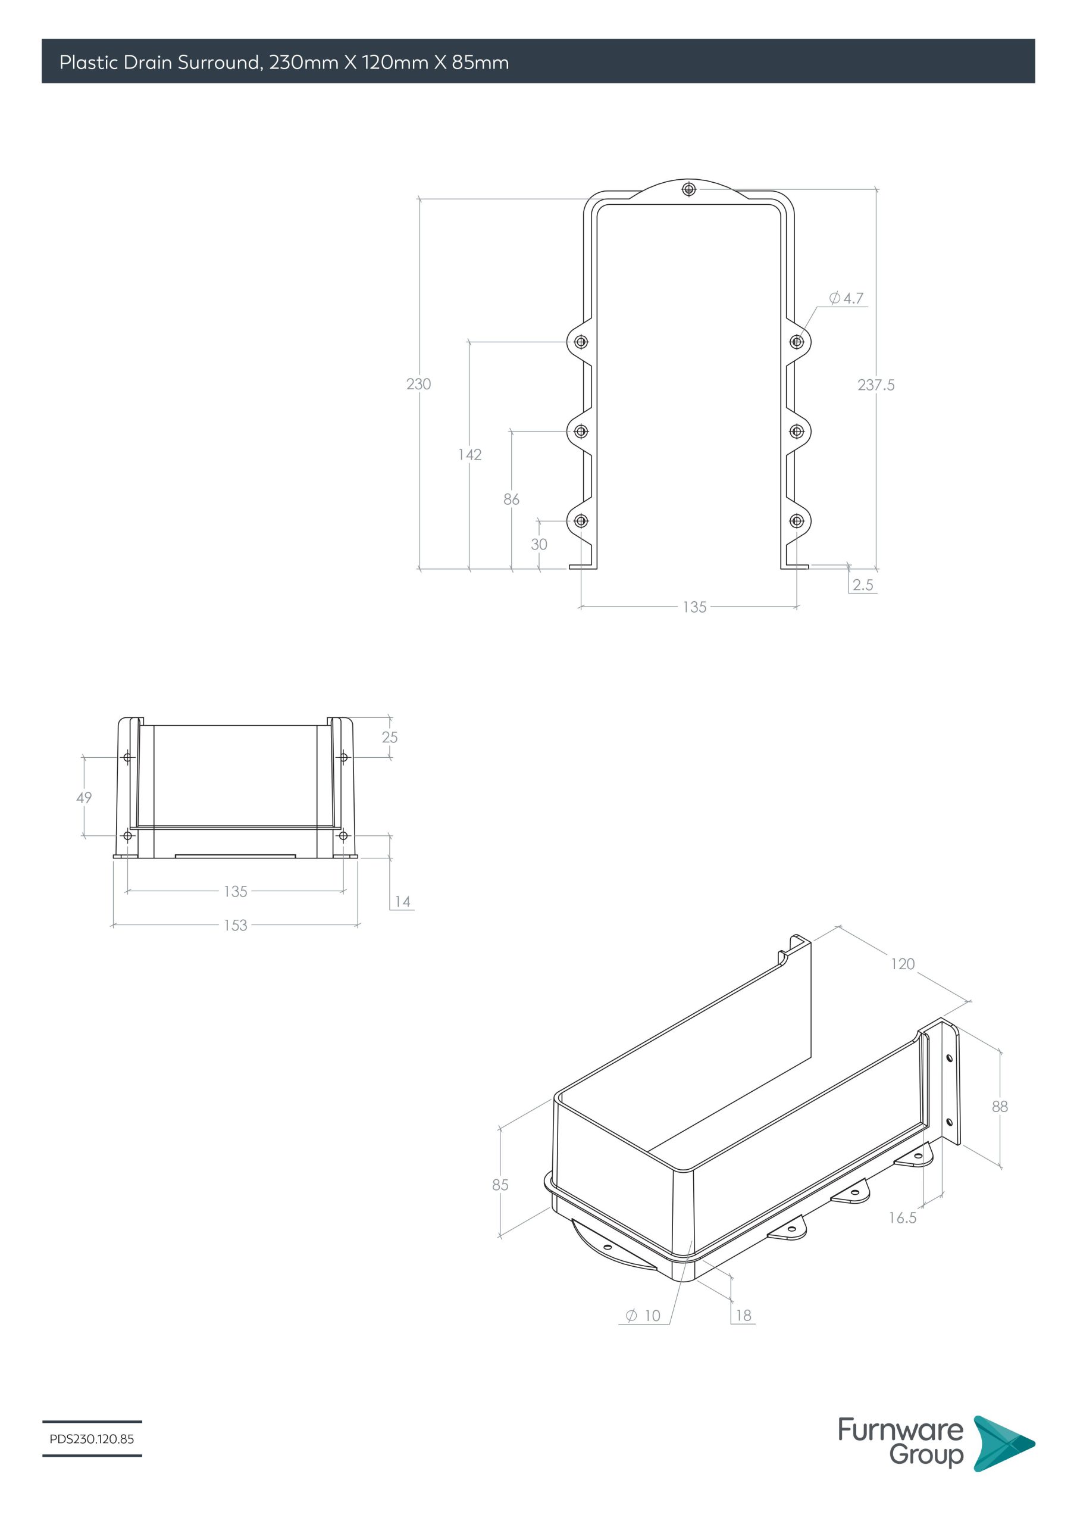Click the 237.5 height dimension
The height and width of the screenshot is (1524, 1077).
875,385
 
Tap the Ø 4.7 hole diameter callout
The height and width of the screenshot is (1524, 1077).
846,298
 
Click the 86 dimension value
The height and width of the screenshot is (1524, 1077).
511,499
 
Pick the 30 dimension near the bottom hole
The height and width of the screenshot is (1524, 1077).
539,544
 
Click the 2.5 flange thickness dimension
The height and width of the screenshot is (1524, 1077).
863,585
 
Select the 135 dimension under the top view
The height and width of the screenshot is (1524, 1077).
694,607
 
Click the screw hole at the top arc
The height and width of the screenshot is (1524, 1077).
689,190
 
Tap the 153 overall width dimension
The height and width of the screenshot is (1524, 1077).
235,925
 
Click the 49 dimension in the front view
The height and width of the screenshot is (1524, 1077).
84,797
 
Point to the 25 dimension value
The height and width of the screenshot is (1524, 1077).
390,737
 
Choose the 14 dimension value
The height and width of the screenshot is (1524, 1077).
402,901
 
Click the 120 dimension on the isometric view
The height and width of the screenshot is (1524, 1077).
903,964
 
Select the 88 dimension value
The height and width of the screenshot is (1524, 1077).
1000,1107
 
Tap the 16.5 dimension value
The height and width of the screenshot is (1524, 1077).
903,1217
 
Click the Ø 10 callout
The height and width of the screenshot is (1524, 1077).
643,1316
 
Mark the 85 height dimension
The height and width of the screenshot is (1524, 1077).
500,1185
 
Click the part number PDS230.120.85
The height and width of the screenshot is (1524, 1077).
92,1439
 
